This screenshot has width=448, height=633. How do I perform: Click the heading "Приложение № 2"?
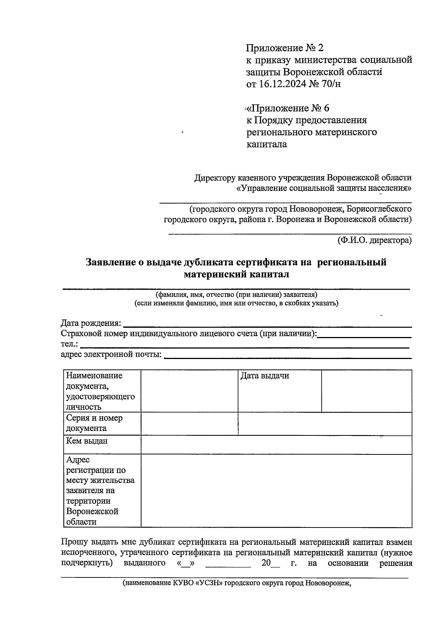point(284,48)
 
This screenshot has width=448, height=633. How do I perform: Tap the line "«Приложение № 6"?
point(287,108)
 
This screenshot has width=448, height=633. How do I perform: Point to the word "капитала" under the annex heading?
point(267,144)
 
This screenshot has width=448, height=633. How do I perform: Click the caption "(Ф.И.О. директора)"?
point(374,240)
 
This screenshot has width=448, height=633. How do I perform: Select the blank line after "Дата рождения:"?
point(267,324)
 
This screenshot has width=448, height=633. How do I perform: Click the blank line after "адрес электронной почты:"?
point(287,355)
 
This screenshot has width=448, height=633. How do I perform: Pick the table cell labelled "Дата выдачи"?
point(265,376)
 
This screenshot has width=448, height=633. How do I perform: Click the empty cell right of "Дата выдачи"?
point(366,391)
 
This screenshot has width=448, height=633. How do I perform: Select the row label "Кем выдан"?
point(87,441)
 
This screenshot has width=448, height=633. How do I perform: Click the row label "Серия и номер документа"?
point(94,423)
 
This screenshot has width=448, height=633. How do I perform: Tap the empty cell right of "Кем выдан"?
point(276,444)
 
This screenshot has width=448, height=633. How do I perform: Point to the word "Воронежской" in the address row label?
point(92,511)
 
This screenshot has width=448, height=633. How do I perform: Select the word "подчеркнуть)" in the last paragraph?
point(87,563)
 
